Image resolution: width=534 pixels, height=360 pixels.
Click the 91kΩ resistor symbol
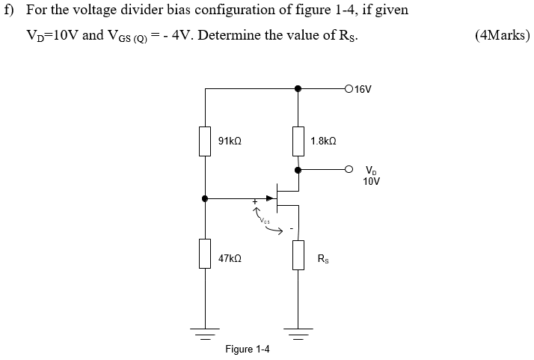[205, 141]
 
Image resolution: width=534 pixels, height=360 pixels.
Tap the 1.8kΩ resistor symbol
[298, 141]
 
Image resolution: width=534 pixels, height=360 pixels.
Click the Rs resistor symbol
[298, 255]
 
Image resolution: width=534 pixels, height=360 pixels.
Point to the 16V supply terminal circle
[349, 88]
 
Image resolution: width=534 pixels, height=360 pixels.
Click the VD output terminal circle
[349, 170]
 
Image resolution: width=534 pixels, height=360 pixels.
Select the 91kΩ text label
[230, 141]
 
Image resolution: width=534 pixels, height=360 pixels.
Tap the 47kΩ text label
[230, 258]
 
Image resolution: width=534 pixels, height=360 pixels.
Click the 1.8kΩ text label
[323, 141]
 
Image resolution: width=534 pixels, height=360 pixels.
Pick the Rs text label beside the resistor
[322, 260]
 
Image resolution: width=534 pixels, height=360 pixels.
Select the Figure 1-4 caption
[248, 350]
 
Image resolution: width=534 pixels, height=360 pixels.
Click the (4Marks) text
[502, 35]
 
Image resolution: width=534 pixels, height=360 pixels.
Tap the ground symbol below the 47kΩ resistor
[205, 330]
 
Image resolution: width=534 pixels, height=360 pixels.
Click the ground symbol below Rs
[298, 330]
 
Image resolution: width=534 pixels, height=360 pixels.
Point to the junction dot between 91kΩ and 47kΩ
[205, 198]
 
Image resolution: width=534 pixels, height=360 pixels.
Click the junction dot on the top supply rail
[298, 88]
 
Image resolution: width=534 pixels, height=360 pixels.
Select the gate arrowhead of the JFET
[271, 198]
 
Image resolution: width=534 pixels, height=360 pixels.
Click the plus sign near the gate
[254, 202]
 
